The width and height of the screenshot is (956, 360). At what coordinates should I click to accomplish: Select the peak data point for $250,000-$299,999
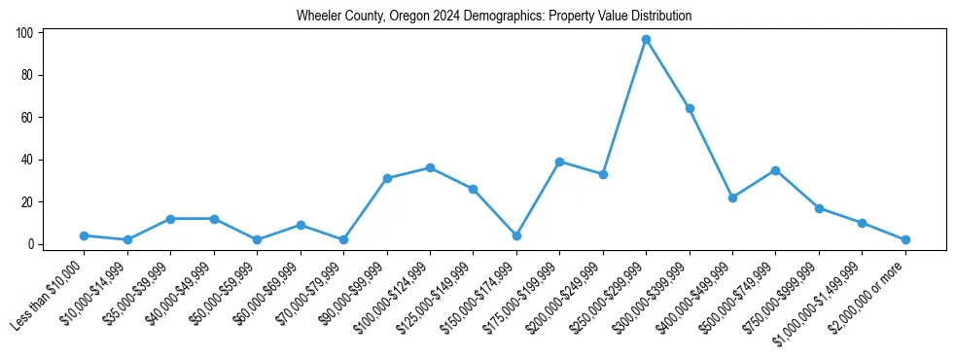click(646, 39)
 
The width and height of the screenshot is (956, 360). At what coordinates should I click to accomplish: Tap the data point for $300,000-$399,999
click(690, 108)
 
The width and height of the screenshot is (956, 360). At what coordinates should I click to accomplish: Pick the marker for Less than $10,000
click(85, 235)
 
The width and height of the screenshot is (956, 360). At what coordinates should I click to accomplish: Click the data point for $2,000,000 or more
click(905, 239)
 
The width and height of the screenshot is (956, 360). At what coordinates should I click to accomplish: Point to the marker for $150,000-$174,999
click(516, 235)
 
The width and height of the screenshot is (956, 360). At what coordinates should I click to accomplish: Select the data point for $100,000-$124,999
click(430, 167)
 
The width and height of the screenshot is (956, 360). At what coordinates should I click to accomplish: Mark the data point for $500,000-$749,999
click(775, 170)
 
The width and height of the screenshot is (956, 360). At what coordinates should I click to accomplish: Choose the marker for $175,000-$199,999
click(559, 162)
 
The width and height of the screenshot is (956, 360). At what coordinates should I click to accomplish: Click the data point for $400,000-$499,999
click(732, 198)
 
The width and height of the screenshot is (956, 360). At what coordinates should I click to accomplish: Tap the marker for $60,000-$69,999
click(301, 225)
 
